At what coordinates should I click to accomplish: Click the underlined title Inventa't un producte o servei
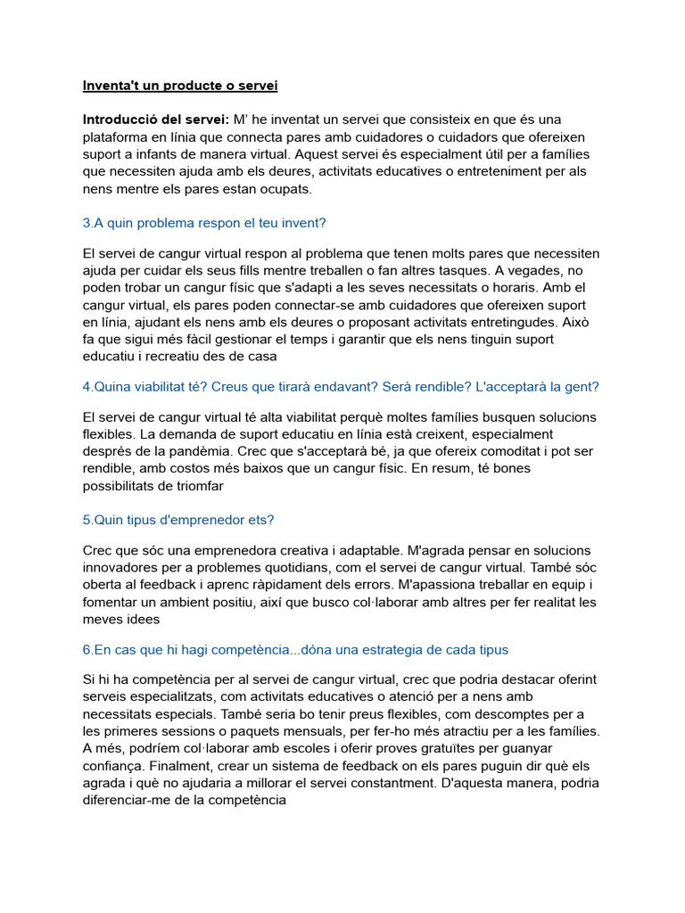(180, 86)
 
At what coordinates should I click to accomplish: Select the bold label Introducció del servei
(156, 119)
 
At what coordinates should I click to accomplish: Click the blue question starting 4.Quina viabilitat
(341, 386)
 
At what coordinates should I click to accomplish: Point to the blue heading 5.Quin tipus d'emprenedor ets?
(184, 519)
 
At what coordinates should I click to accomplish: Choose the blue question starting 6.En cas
(294, 649)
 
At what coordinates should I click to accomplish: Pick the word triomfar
(194, 486)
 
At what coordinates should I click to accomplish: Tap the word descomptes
(496, 714)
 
